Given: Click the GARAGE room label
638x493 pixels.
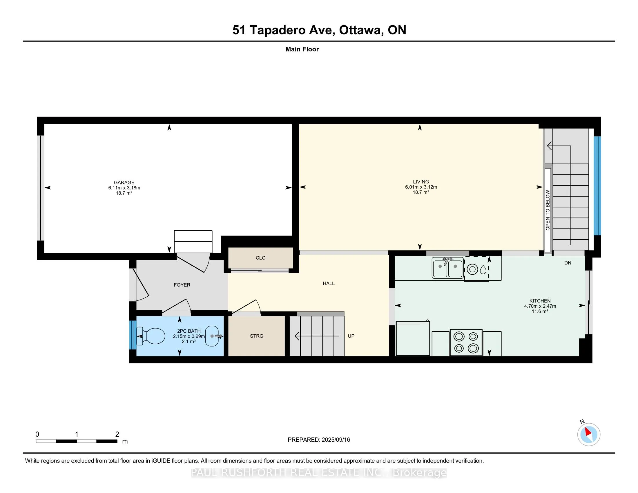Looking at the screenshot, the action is coord(124,182).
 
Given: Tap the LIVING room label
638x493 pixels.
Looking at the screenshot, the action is coord(421,182).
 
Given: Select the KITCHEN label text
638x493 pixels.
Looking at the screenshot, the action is coord(540,301).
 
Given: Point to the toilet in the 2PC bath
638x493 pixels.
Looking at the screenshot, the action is coord(151,336).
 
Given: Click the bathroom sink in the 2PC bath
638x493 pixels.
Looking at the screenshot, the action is coord(213,336).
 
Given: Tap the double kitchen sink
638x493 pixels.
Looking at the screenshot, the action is coord(447,268).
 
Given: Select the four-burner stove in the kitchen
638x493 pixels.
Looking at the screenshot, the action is coord(466,342).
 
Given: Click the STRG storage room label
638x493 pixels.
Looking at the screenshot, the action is coord(256,336).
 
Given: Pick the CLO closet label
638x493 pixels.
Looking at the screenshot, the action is coord(261,258).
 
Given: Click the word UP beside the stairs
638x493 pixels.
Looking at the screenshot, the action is coord(351,336).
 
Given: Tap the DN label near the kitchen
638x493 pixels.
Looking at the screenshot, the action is coord(568,263).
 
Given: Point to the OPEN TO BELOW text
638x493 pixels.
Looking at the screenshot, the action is coord(548,210).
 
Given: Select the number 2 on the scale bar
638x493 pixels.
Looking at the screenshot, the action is coord(117,434).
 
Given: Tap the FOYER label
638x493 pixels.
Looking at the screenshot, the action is coord(182,285).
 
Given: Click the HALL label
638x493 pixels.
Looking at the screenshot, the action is coord(329,283).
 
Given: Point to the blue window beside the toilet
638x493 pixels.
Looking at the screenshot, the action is coord(133,335).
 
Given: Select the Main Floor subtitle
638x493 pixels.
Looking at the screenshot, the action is coord(302,49).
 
